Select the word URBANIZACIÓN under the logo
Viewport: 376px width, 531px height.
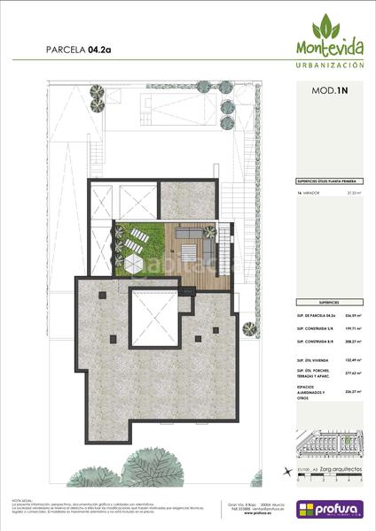[328, 65]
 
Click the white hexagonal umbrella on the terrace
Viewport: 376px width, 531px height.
[134, 263]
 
